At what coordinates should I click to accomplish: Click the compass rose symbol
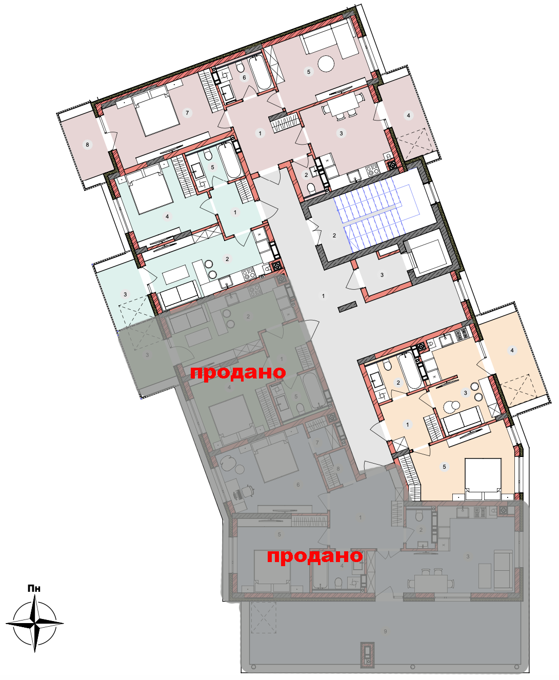pos(34,623)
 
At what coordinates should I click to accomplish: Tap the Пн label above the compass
pos(34,588)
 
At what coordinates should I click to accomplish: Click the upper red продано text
pos(238,373)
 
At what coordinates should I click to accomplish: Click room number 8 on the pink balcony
pos(87,145)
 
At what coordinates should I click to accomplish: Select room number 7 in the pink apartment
pos(187,113)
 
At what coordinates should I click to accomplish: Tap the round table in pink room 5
pos(326,63)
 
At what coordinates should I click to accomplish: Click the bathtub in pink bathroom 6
pos(261,72)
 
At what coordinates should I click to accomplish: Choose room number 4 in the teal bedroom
pos(167,216)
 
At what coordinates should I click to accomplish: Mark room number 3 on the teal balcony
pos(126,294)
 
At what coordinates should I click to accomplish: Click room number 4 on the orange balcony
pos(512,350)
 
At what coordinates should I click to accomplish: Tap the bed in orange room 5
pos(483,480)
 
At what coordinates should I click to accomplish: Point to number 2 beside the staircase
pos(334,235)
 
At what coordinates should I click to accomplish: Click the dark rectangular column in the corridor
pos(347,306)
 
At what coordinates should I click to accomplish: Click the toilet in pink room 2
pos(311,188)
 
